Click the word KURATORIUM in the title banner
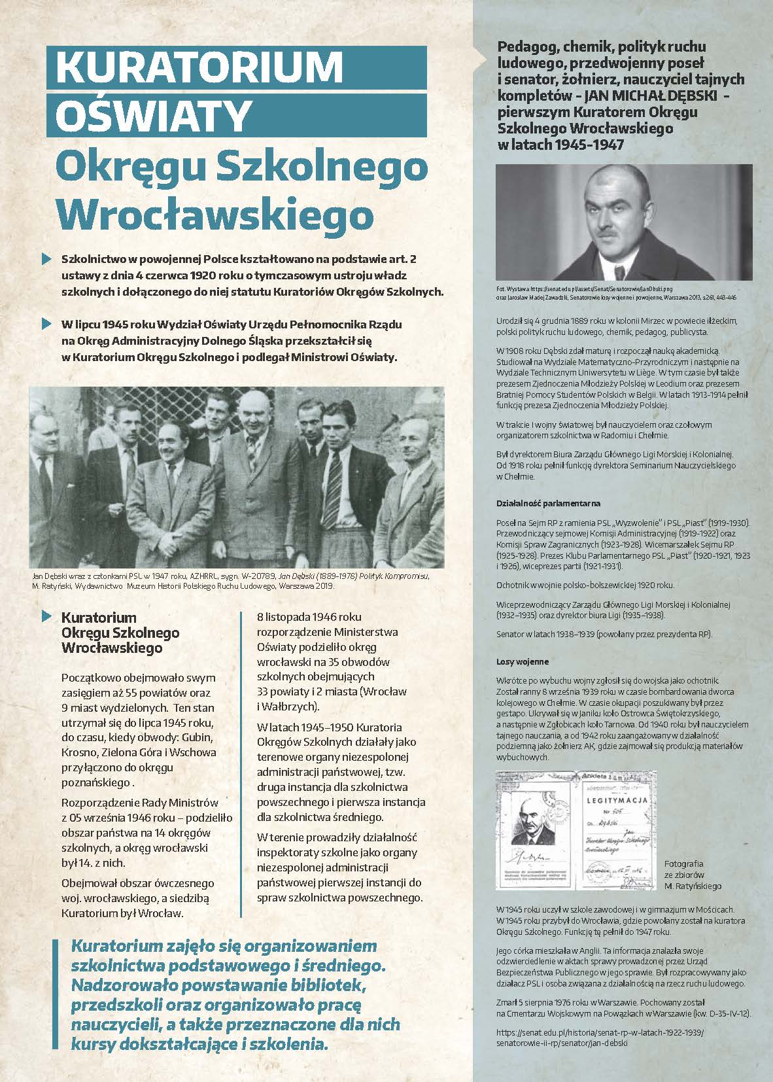(x=199, y=67)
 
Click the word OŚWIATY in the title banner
(x=154, y=115)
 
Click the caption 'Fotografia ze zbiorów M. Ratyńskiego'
(x=693, y=874)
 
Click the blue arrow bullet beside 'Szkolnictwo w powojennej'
(x=45, y=259)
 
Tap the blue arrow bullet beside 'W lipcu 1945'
(x=45, y=324)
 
